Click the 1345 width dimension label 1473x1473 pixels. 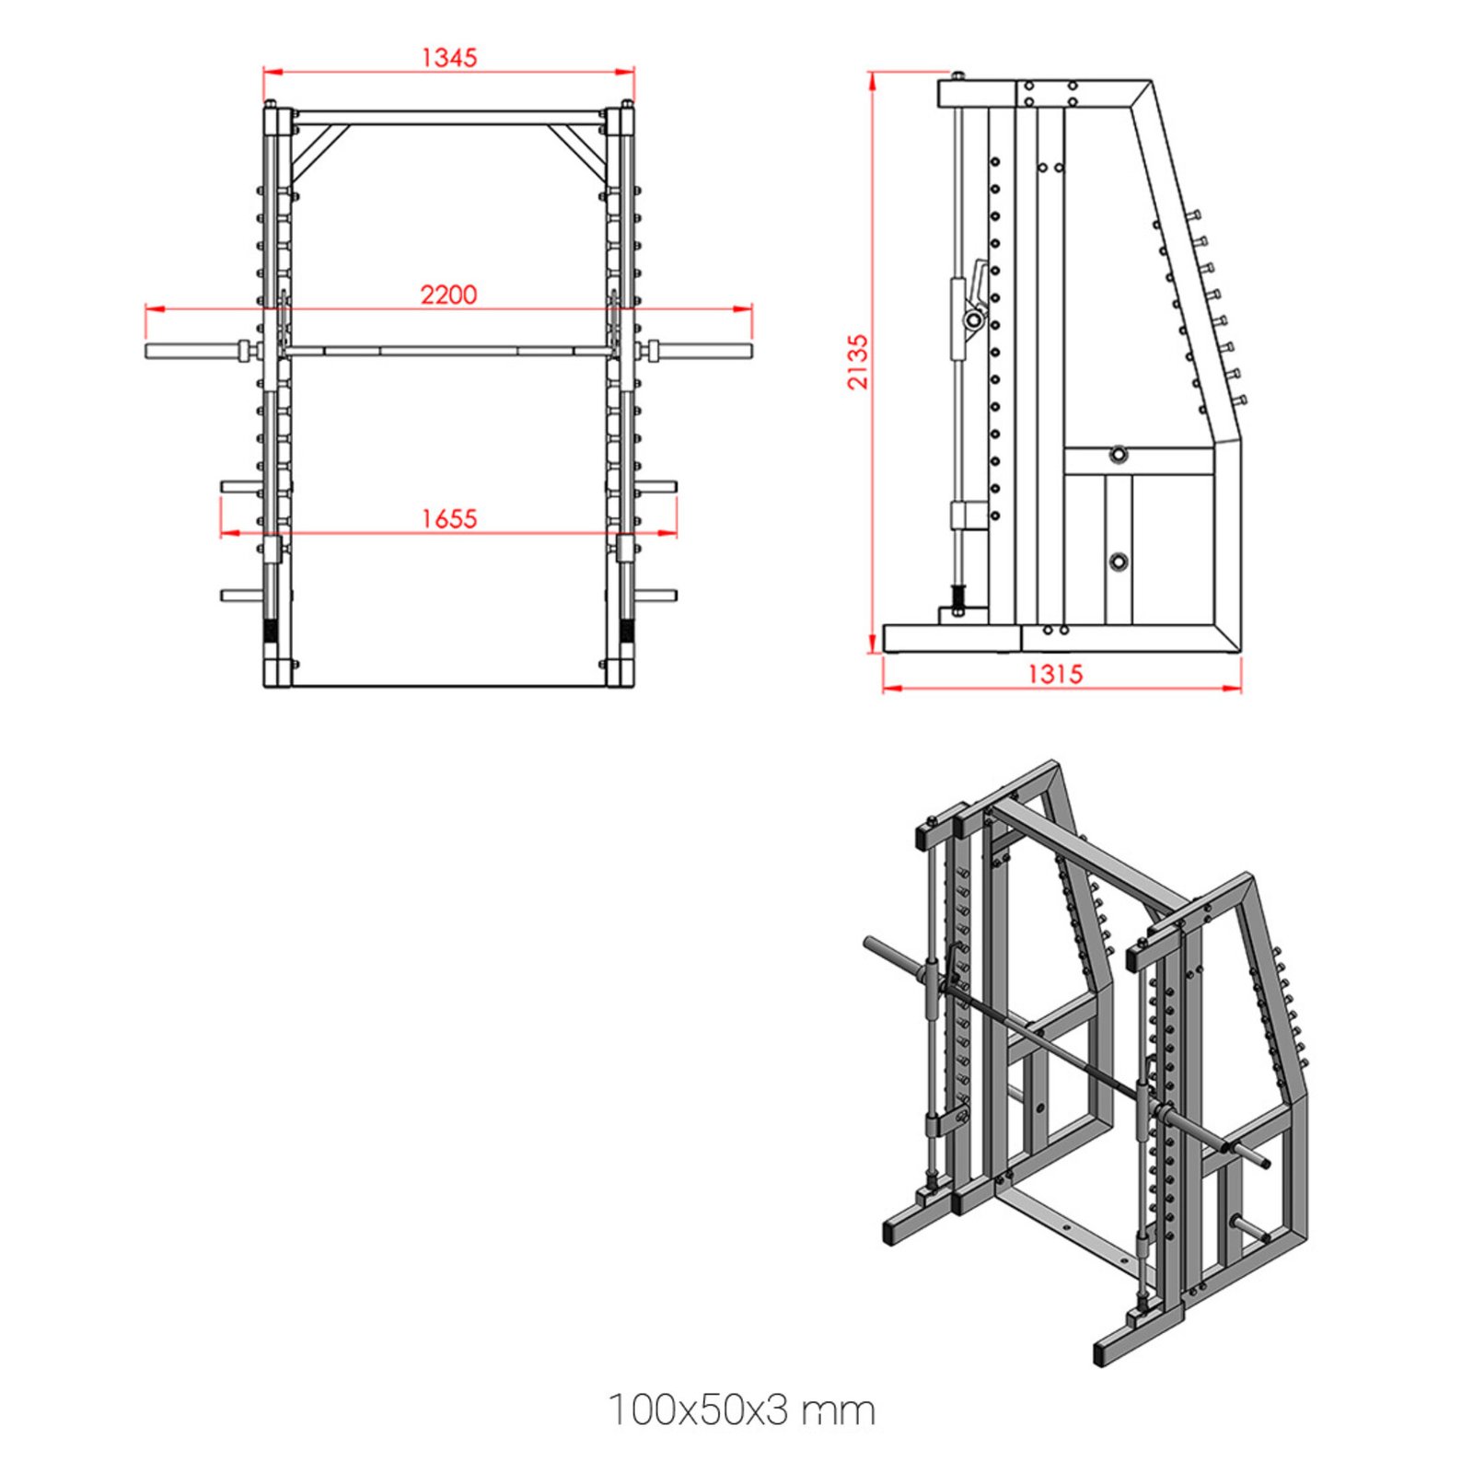(449, 57)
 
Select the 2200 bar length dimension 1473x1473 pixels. (449, 295)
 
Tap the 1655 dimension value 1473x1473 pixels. (449, 518)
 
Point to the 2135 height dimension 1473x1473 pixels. (857, 361)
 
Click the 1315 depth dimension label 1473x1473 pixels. (1055, 674)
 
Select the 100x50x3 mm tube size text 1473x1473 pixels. (741, 1409)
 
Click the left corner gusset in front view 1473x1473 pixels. (317, 147)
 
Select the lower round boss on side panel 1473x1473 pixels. (1118, 561)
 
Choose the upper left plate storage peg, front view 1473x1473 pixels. (241, 486)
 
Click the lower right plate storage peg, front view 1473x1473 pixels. (655, 596)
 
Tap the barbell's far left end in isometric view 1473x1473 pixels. (870, 943)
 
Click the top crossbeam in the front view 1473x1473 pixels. (449, 118)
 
